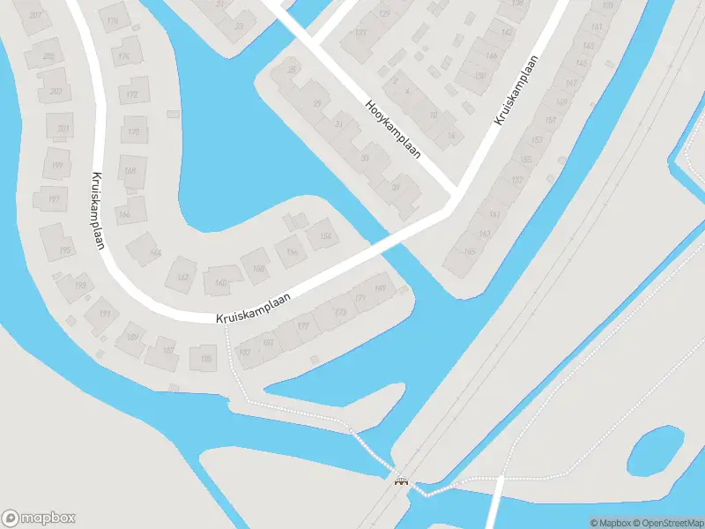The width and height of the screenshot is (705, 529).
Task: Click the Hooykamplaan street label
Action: pos(393,127)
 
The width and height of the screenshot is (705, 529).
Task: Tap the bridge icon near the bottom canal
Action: pos(401,481)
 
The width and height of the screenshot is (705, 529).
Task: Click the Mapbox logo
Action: pos(38,518)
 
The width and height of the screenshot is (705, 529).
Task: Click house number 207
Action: pos(35,17)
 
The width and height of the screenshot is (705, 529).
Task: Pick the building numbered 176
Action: pos(112,20)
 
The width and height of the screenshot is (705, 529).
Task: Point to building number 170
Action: pos(133,132)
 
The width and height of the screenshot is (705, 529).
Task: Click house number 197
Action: pos(53,199)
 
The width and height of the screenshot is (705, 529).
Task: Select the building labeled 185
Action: pos(206,358)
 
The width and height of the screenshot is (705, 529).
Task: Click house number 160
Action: pos(220,282)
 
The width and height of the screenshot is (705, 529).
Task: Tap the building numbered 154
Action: pos(325,235)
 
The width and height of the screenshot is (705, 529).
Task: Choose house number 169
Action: pos(381,287)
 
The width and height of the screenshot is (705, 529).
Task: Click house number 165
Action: pos(469,252)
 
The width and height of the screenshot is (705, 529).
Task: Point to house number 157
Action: pos(517,180)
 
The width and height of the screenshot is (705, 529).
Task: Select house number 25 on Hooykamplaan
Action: pos(291,71)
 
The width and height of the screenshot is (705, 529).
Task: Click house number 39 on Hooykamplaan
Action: pos(397,186)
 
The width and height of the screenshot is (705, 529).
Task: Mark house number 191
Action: pos(104,314)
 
